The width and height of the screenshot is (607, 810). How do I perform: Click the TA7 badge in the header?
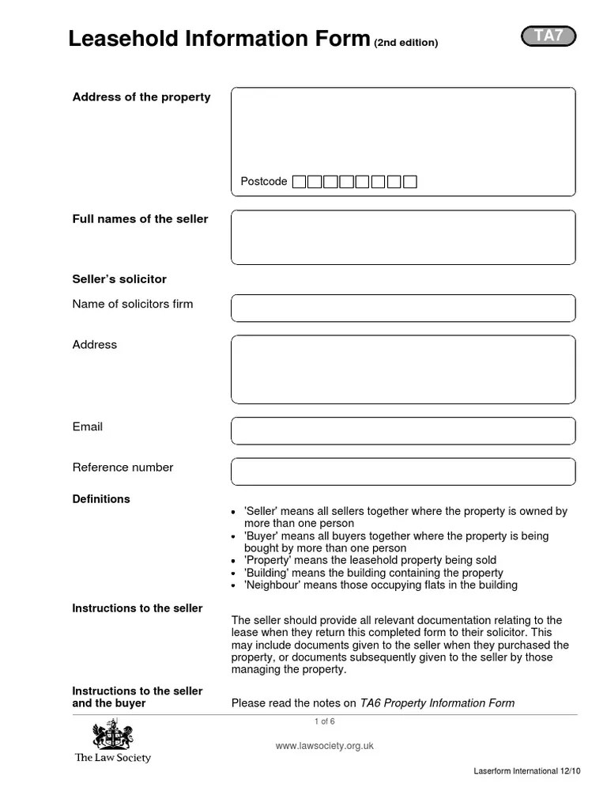549,36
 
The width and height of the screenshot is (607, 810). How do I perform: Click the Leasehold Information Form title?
219,39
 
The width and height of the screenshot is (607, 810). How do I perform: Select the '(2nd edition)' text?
405,43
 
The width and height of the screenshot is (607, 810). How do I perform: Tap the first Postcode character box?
299,182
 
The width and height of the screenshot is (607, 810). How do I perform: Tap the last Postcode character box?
409,182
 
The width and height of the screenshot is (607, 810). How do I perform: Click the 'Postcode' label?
264,182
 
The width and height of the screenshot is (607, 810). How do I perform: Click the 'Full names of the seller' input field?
403,237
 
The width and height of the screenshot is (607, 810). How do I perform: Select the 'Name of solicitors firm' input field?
403,308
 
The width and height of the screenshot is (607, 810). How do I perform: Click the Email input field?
403,431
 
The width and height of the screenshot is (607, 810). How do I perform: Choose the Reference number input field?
403,471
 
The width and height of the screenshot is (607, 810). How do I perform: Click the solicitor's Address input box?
403,369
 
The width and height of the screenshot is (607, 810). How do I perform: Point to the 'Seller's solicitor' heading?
119,279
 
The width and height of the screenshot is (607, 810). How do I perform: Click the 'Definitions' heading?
101,499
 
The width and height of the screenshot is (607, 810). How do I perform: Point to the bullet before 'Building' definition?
234,573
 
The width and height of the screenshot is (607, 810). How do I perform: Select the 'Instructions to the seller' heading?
138,608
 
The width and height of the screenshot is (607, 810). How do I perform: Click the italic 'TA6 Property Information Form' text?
437,702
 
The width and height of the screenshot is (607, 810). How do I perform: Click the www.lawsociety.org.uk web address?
324,746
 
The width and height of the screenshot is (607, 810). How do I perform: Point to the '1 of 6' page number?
324,721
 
